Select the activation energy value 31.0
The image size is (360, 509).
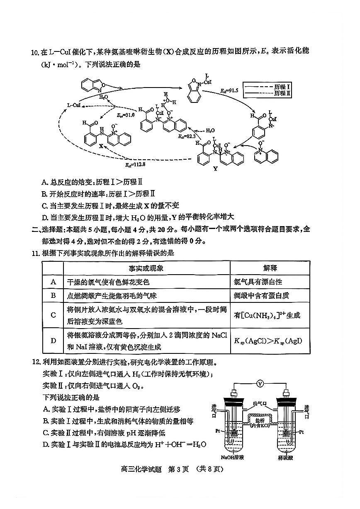(x=126, y=114)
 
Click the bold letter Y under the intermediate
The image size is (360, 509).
(x=215, y=169)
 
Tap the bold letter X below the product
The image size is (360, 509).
(x=100, y=146)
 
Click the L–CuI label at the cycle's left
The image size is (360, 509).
(x=74, y=105)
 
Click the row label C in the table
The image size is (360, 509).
(x=53, y=315)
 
